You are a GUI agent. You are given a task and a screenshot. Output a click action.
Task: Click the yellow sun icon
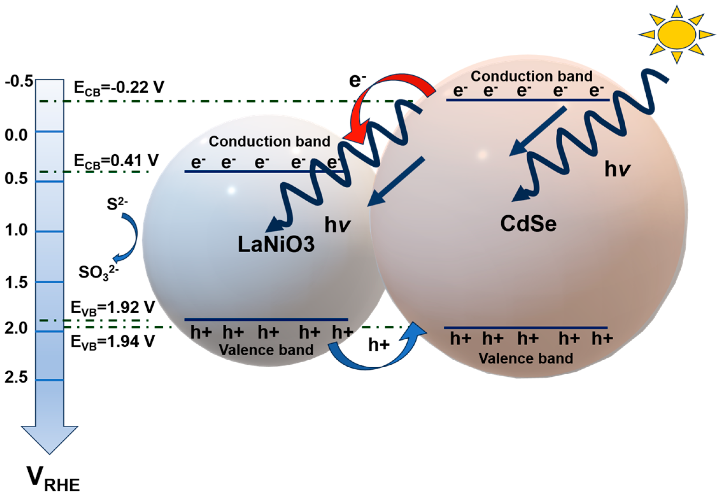pyautogui.click(x=677, y=35)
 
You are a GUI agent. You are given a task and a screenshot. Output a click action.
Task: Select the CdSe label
pyautogui.click(x=528, y=224)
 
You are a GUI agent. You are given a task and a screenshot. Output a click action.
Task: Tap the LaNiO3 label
pyautogui.click(x=276, y=244)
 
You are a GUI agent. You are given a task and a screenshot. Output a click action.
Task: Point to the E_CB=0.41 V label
pyautogui.click(x=116, y=161)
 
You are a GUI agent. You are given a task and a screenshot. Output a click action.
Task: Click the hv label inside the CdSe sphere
pyautogui.click(x=617, y=169)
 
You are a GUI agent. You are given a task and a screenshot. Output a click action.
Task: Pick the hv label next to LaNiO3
pyautogui.click(x=337, y=225)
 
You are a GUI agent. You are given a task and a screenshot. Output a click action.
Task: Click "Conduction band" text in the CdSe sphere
pyautogui.click(x=531, y=76)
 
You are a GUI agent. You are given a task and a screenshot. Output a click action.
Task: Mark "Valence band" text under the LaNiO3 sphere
pyautogui.click(x=266, y=350)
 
